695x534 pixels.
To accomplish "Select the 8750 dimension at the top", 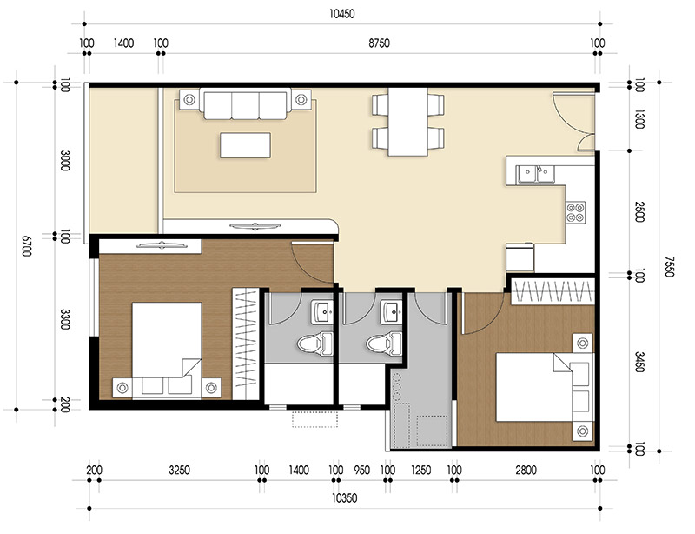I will click(379, 43).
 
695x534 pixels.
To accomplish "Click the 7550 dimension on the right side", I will click(667, 266).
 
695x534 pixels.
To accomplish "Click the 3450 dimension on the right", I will click(639, 363).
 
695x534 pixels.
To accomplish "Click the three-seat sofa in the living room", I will click(244, 105).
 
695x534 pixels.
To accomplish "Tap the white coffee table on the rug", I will click(244, 144).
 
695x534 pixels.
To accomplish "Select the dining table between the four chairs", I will click(407, 122).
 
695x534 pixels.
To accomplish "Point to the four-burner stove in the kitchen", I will click(575, 210).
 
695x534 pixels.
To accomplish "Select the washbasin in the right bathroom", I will click(390, 309).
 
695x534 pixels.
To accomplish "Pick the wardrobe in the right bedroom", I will click(553, 290).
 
